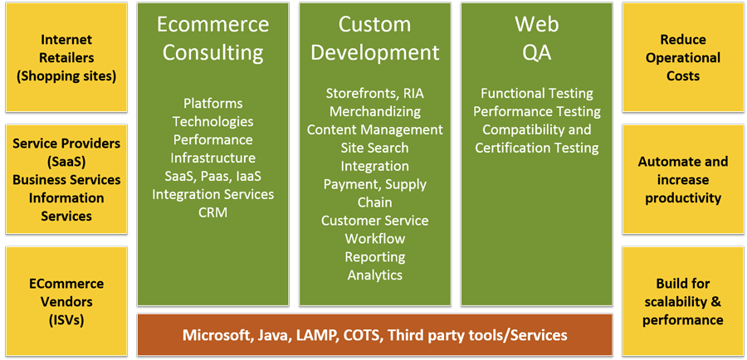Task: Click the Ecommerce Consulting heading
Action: pyautogui.click(x=212, y=38)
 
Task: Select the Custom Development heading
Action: pyautogui.click(x=374, y=38)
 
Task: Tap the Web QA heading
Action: pyautogui.click(x=536, y=38)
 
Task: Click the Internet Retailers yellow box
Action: pyautogui.click(x=66, y=57)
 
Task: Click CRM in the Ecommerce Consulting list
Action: pyautogui.click(x=212, y=212)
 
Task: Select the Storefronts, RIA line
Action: pyautogui.click(x=374, y=93)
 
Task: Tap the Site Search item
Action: pyautogui.click(x=374, y=148)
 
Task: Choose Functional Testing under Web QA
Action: pyautogui.click(x=536, y=93)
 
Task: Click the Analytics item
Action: pyautogui.click(x=374, y=275)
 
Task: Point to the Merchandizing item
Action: pyautogui.click(x=374, y=111)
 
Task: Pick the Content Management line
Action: pyautogui.click(x=374, y=129)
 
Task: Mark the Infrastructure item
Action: pyautogui.click(x=212, y=158)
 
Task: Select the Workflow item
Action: pyautogui.click(x=374, y=238)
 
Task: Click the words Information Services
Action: pyautogui.click(x=66, y=207)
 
